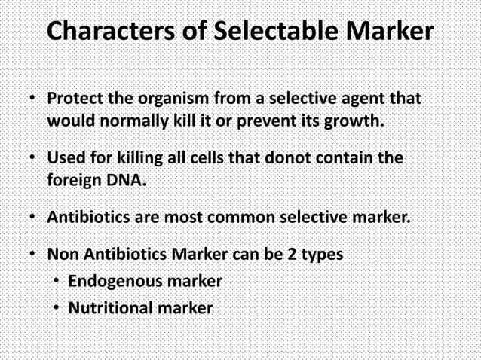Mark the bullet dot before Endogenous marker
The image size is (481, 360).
pos(57,282)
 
